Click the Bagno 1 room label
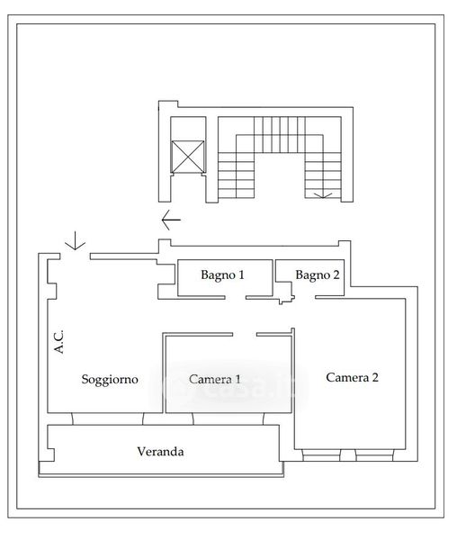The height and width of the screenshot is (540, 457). [x=222, y=274]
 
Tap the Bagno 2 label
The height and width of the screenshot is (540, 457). [x=318, y=274]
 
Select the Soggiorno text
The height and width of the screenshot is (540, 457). [x=110, y=379]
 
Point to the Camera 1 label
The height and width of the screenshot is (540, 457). [x=215, y=379]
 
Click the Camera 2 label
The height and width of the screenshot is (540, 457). [x=352, y=377]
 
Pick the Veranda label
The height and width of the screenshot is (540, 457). [x=160, y=452]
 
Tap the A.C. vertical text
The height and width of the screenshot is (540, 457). [x=58, y=342]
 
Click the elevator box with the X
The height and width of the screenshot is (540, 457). [x=187, y=157]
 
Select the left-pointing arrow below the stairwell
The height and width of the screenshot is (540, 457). [x=171, y=220]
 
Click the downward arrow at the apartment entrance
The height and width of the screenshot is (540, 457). [x=75, y=240]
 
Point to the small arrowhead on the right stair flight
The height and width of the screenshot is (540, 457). [x=323, y=195]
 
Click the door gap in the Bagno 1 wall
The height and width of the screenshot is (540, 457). [x=236, y=297]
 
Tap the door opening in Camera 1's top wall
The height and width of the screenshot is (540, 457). [x=245, y=334]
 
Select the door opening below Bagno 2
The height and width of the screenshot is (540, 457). [x=305, y=297]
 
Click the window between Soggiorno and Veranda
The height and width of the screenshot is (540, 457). [x=108, y=418]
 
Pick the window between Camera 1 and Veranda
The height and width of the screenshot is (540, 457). [x=228, y=418]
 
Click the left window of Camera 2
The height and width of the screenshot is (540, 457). [x=321, y=454]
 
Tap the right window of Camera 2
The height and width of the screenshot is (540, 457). [x=375, y=454]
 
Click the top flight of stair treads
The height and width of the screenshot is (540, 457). [x=280, y=135]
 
